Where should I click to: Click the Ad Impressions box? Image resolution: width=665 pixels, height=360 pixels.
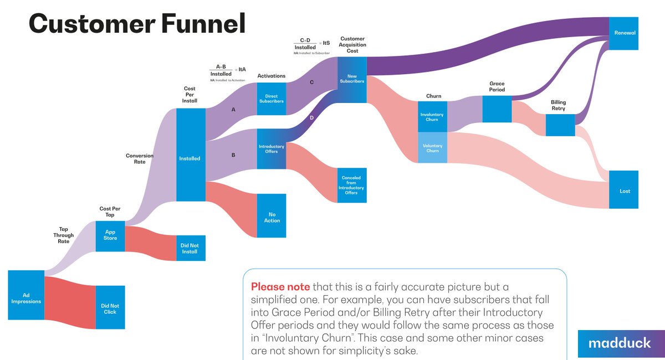(26, 295)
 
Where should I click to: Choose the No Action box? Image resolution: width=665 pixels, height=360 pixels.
(272, 217)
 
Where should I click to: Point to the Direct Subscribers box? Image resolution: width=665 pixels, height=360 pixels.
(272, 99)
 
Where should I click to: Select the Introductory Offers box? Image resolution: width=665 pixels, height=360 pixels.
(272, 149)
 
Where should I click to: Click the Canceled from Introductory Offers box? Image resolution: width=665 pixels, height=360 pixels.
(351, 185)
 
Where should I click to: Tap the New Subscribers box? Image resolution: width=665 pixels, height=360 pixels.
(352, 79)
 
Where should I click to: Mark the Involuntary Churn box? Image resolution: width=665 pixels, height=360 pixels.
(432, 117)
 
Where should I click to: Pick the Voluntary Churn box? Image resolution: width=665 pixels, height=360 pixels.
(432, 148)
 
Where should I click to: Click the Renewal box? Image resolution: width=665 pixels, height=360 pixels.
(625, 33)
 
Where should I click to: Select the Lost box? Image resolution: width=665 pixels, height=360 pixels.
(625, 191)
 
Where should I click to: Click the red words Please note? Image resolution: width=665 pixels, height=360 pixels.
(280, 287)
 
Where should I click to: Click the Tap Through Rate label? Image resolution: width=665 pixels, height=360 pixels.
(67, 235)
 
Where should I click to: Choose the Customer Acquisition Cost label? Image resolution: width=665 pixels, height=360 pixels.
(352, 44)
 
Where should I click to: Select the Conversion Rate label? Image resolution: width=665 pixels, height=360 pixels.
(140, 159)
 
